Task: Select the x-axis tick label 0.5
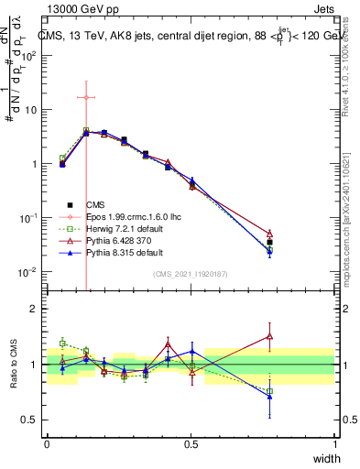click(x=191, y=444)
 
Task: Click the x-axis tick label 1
click(x=335, y=444)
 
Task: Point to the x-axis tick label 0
click(x=47, y=444)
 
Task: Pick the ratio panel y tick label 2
click(x=36, y=309)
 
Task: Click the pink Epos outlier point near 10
click(x=85, y=97)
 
